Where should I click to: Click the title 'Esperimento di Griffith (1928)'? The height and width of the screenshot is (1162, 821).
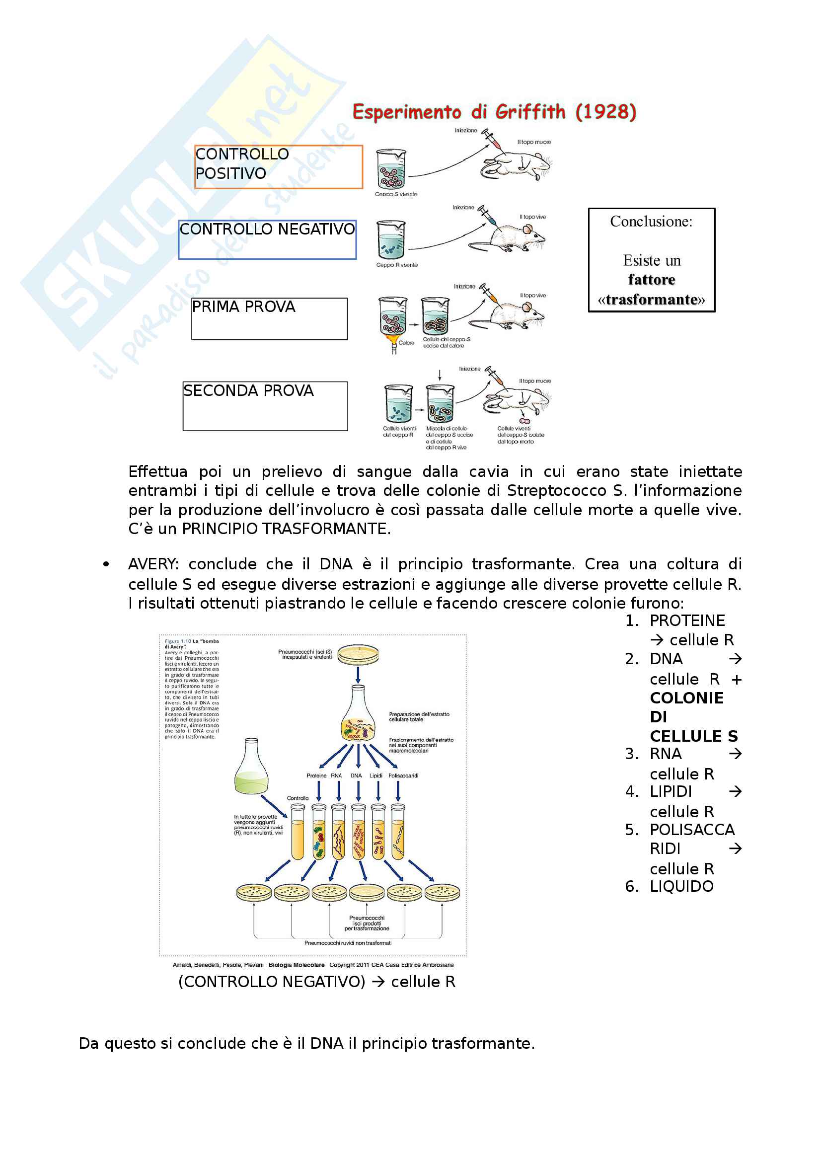494,112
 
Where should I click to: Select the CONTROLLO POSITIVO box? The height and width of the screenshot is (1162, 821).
278,166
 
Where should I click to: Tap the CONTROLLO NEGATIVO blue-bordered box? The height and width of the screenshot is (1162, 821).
267,239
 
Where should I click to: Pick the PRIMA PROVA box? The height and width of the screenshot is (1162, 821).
269,318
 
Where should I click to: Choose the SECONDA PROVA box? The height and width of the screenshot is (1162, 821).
265,406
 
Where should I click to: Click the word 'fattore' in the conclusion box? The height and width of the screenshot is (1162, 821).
651,280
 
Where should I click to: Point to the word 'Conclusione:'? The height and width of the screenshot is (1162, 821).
651,221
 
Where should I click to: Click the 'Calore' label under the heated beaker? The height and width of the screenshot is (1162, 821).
406,343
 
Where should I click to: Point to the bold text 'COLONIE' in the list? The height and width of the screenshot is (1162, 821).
686,698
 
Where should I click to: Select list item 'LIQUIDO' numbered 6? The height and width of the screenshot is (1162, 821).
681,886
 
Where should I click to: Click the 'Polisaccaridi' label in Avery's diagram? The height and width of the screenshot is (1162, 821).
403,775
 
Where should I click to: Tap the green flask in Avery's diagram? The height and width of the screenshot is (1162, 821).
251,767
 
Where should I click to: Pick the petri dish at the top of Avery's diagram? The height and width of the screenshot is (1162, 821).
358,654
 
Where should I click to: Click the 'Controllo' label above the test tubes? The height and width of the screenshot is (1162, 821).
298,798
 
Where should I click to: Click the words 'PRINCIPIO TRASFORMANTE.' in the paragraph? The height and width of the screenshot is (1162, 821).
286,529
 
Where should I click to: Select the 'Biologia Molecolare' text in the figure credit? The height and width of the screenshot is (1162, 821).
297,965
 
